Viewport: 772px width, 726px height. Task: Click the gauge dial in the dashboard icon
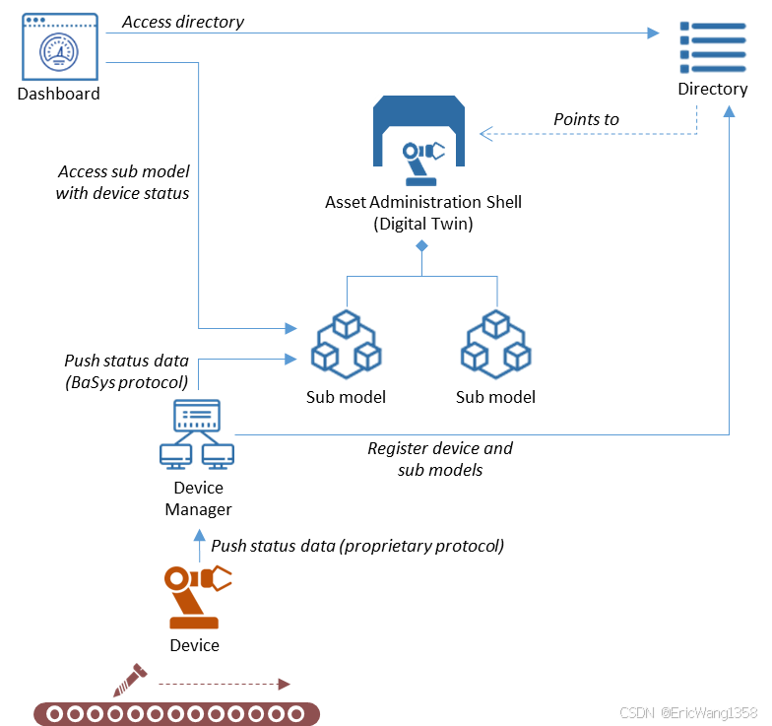[x=59, y=51]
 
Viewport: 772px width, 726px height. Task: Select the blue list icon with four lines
[x=712, y=47]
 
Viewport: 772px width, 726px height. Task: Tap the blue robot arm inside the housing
[x=421, y=161]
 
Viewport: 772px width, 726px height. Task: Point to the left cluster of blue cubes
[x=347, y=344]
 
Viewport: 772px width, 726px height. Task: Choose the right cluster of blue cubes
[x=496, y=344]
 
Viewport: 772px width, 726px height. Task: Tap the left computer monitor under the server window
[x=176, y=455]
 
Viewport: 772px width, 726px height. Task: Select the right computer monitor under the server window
[x=218, y=455]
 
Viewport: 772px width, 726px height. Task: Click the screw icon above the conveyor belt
[x=130, y=678]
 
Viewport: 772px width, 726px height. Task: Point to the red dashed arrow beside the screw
[x=225, y=684]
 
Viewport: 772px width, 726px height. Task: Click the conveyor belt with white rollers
[x=177, y=713]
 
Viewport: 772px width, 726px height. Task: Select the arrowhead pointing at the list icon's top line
[x=654, y=33]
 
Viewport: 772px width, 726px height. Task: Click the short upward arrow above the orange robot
[x=200, y=545]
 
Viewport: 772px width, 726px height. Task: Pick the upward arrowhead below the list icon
[x=729, y=111]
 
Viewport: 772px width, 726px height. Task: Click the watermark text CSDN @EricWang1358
[x=687, y=711]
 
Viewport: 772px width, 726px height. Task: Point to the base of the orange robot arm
[x=194, y=623]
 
